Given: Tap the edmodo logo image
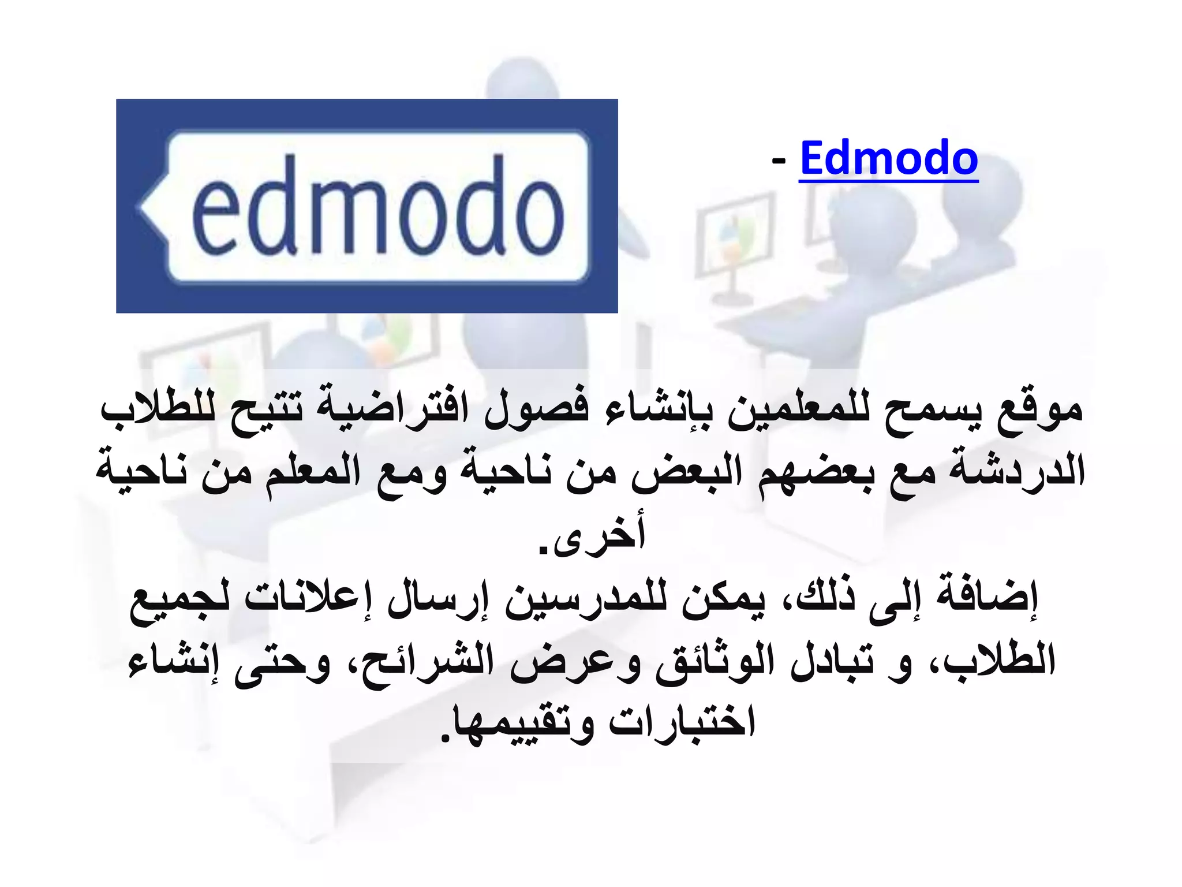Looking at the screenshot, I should click(367, 206).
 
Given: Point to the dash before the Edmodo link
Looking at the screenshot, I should click(779, 162).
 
